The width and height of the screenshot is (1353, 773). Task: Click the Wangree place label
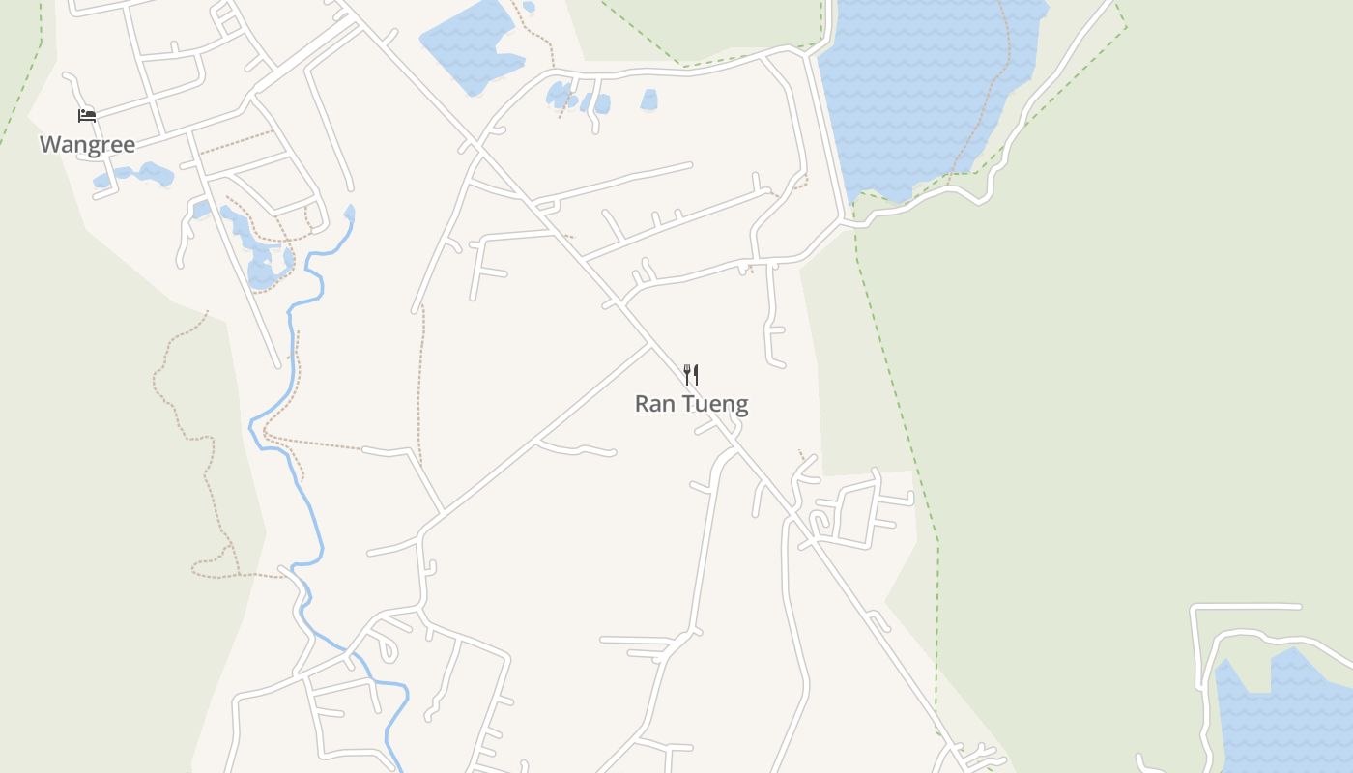pos(87,145)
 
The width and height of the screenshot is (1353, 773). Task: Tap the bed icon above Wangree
pos(87,116)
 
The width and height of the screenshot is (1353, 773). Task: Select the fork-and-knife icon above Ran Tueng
pos(691,374)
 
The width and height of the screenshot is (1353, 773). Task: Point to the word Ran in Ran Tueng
pos(654,404)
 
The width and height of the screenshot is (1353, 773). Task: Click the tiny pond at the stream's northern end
pos(349,212)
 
